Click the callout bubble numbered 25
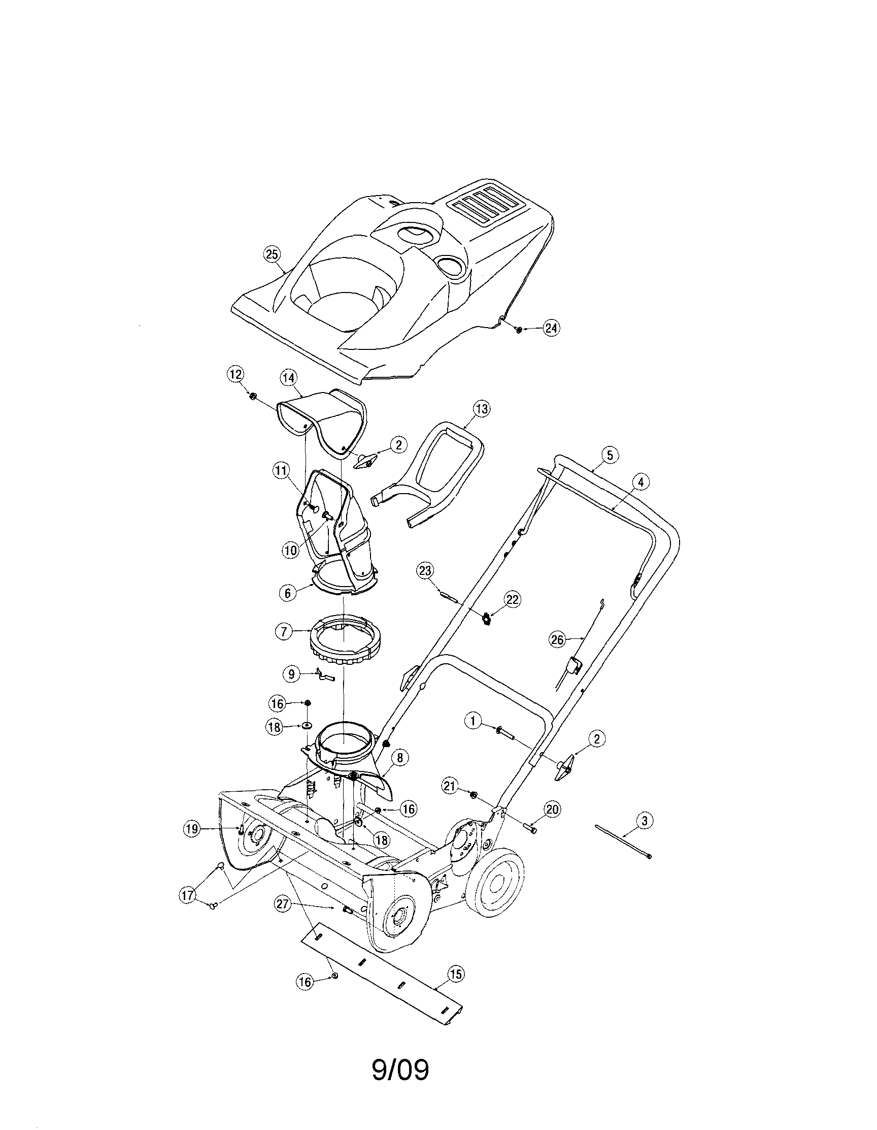pyautogui.click(x=272, y=254)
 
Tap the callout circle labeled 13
pyautogui.click(x=481, y=409)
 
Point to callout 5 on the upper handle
pyautogui.click(x=610, y=456)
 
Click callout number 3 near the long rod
pyautogui.click(x=644, y=820)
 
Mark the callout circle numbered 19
pyautogui.click(x=192, y=829)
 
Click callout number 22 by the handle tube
pyautogui.click(x=513, y=600)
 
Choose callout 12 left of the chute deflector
pyautogui.click(x=236, y=375)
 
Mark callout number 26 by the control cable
pyautogui.click(x=557, y=640)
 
